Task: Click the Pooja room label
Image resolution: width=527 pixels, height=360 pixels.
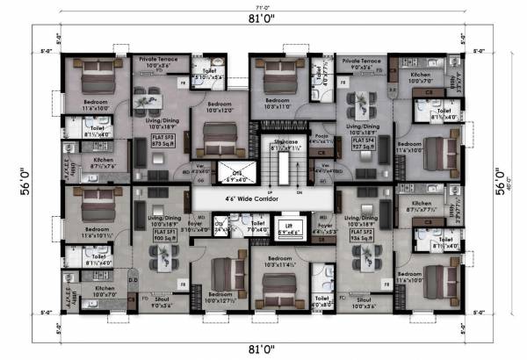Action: click(322, 139)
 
